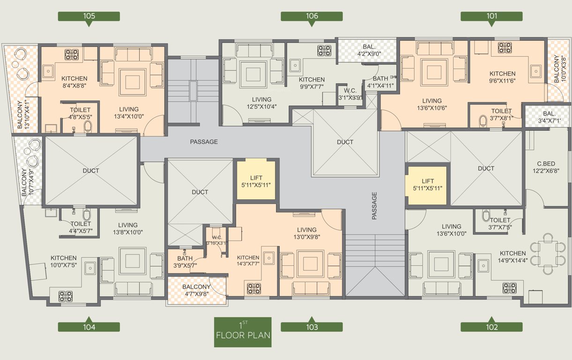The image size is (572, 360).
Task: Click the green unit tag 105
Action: pos(89,16)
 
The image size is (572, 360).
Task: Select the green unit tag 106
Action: pos(312,16)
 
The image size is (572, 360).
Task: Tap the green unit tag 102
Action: pos(491,327)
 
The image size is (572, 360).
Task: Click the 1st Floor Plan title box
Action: pos(243,332)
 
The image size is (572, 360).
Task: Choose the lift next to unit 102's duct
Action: pos(427,185)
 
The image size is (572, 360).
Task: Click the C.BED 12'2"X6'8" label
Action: pos(546,167)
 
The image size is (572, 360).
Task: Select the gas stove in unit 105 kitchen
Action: pos(71,54)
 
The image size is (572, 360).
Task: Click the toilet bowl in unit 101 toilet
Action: pos(483,121)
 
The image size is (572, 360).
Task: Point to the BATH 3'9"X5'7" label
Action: pos(185,262)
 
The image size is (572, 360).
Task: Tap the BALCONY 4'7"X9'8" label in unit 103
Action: pos(196,291)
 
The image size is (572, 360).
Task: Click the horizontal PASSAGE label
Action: pos(204,142)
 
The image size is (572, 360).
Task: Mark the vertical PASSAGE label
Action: pos(374,206)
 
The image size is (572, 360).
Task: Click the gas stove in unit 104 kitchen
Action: pos(65,296)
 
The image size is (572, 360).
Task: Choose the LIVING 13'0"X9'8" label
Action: pos(306,233)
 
